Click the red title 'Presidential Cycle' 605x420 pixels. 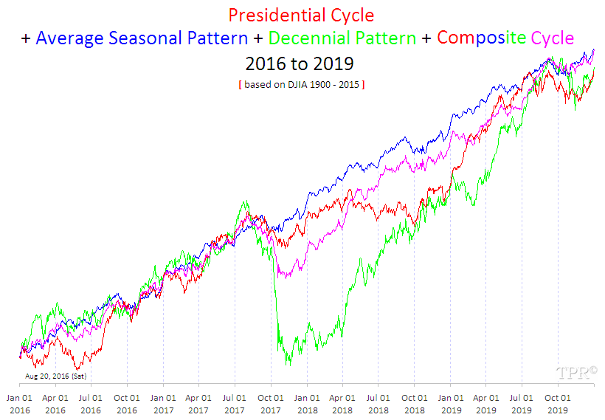(301, 15)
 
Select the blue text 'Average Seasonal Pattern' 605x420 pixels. (142, 38)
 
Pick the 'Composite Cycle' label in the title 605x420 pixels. (505, 38)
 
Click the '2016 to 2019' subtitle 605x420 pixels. (301, 64)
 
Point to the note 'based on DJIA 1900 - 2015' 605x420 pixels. (301, 85)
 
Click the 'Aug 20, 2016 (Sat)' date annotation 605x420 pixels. (56, 376)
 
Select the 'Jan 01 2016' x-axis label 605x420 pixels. (19, 403)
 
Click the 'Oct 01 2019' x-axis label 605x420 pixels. (557, 403)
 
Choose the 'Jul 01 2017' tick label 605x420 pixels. (235, 403)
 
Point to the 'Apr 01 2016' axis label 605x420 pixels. (55, 403)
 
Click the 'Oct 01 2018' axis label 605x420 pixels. (415, 403)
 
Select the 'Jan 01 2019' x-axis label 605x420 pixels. (451, 403)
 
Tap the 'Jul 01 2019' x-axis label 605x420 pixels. (522, 403)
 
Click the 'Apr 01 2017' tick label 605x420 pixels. (198, 403)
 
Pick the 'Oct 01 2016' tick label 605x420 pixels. (127, 403)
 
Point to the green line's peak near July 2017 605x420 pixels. (243, 201)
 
